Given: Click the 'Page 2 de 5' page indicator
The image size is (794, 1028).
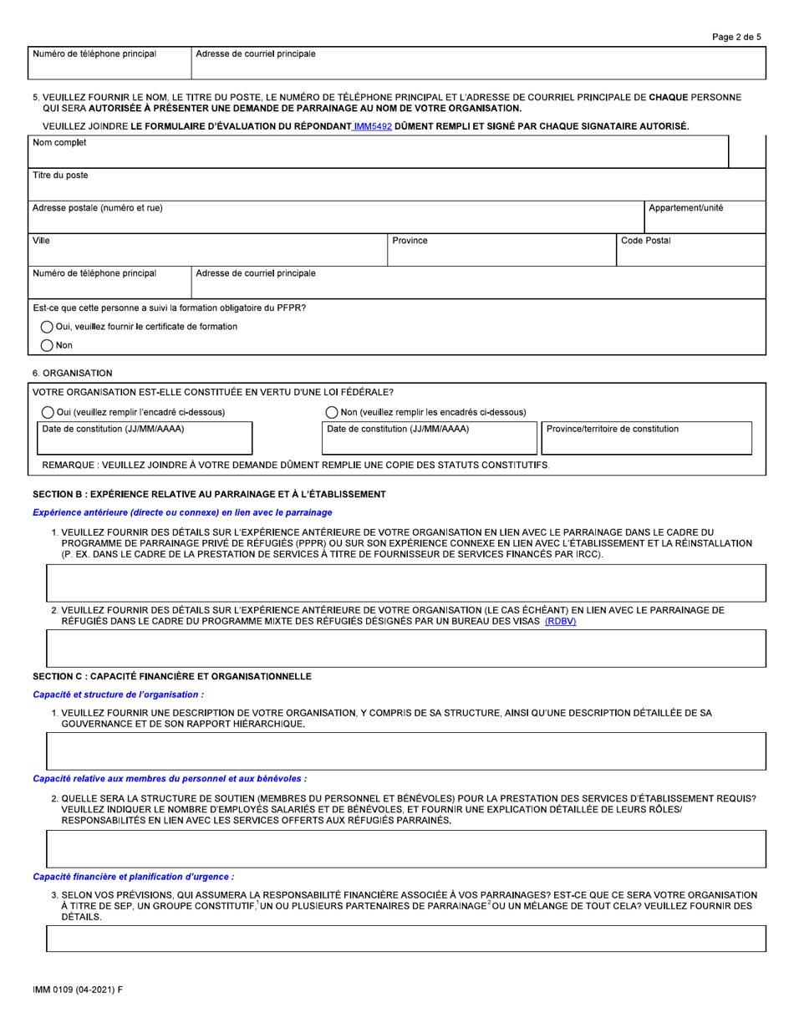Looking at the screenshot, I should [736, 36].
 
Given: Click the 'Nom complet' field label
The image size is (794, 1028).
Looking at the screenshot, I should [59, 143].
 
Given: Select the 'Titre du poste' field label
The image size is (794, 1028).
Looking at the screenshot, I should [60, 176].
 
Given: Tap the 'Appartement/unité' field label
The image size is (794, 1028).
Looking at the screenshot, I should [685, 208].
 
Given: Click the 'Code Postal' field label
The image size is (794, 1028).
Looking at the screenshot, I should [646, 241].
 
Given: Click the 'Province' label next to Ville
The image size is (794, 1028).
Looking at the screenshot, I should [410, 241].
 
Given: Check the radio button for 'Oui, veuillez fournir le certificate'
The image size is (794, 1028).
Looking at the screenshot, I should [47, 327].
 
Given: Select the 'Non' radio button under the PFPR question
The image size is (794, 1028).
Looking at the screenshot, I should [47, 345].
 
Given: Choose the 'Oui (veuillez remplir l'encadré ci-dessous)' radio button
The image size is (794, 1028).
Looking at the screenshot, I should [47, 412].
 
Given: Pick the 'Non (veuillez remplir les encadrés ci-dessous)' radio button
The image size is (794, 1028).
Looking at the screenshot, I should [332, 412].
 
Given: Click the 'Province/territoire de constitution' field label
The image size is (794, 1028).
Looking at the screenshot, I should [613, 429].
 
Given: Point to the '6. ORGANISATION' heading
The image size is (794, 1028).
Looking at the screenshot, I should [71, 373].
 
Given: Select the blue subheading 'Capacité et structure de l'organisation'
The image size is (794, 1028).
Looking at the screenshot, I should [118, 695].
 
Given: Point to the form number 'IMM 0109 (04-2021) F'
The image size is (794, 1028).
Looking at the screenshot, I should [77, 990].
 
